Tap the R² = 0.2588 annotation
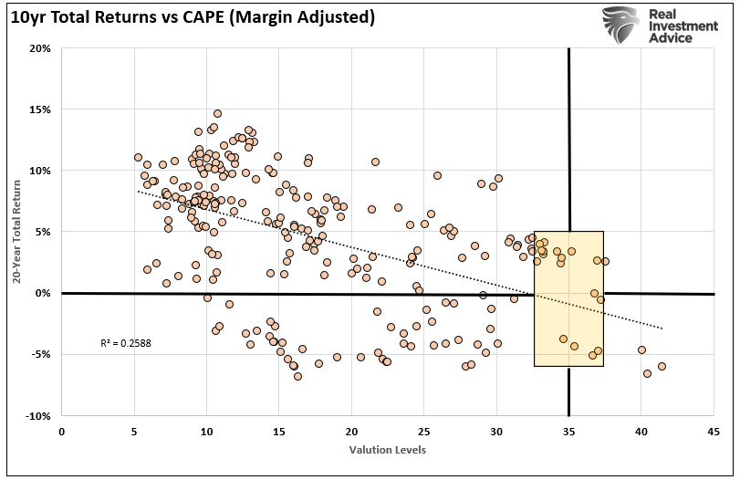127,343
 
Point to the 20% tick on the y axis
38,48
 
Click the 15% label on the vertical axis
38,110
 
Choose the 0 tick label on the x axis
62,430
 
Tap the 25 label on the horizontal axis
424,430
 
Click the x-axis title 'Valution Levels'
387,450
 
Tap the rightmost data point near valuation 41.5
662,366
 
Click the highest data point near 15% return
217,114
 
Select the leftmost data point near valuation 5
138,157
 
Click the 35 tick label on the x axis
568,430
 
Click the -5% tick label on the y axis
38,354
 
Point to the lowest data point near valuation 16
297,376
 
